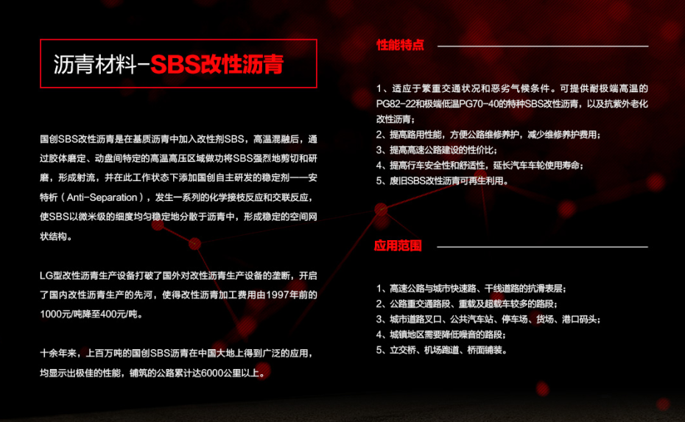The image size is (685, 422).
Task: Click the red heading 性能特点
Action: (400, 45)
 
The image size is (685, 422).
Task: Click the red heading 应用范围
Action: (398, 245)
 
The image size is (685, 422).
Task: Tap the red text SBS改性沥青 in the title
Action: (217, 64)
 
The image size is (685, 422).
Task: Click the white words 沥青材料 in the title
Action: (95, 64)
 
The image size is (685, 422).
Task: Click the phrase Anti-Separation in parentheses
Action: (102, 197)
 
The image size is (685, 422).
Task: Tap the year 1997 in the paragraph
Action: (276, 295)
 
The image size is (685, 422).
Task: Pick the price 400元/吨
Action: (119, 314)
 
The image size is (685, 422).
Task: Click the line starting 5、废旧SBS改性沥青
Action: (442, 181)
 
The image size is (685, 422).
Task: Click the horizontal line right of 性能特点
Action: (543, 46)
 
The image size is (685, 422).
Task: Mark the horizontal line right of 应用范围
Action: (542, 247)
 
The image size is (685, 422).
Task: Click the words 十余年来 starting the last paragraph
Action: (57, 354)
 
